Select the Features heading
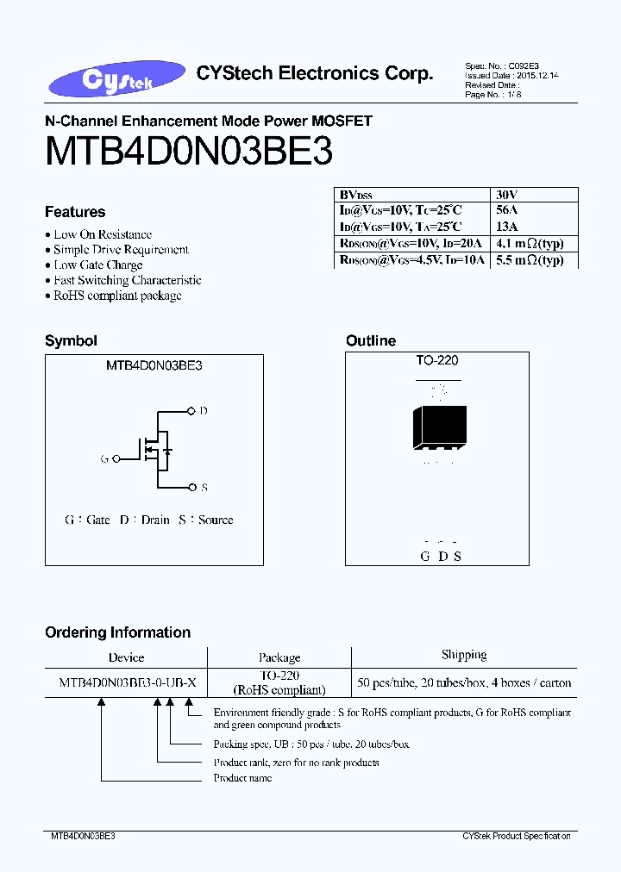75,212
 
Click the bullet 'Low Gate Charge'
97,265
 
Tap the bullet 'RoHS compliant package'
117,296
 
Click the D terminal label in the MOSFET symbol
204,411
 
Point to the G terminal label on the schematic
104,459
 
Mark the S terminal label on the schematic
204,488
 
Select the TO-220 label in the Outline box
437,361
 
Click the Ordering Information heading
117,632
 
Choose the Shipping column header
464,655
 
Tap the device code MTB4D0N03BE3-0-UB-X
128,682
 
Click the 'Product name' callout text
242,778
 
